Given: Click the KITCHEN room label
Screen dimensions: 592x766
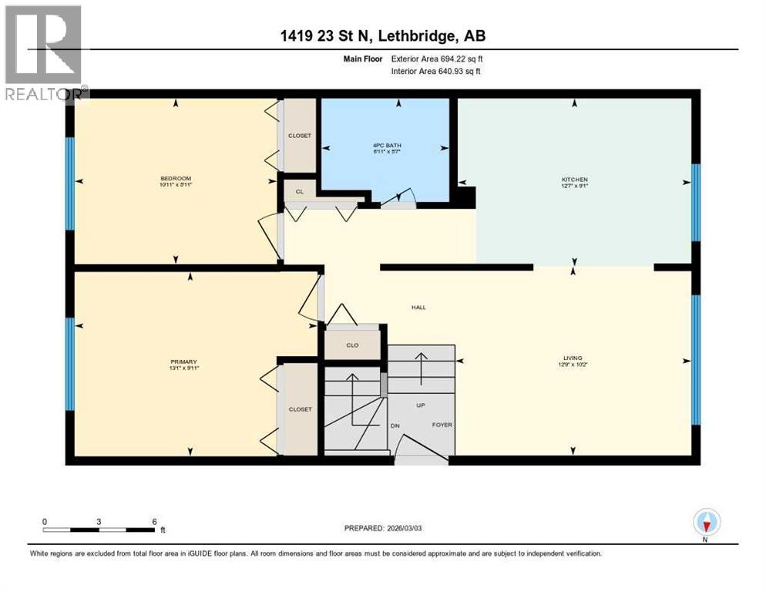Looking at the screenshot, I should click(574, 179).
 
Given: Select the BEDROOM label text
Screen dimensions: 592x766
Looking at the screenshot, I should click(176, 179).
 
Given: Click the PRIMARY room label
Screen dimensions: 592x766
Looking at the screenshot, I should click(184, 362).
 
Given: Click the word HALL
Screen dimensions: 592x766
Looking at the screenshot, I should click(418, 308).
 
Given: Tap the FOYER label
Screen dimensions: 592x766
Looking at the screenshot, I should click(441, 425).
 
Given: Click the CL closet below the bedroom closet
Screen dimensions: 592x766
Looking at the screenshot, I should click(299, 190).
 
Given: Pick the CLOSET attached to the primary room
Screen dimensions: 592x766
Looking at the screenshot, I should click(300, 409).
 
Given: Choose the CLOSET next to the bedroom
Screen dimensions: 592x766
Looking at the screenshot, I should click(299, 136).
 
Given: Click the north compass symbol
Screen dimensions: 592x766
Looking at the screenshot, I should click(706, 523).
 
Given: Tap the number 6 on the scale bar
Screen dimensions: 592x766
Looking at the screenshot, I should click(155, 521).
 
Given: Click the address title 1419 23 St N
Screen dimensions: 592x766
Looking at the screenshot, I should click(382, 35).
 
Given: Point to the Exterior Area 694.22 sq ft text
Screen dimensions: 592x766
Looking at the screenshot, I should click(437, 58).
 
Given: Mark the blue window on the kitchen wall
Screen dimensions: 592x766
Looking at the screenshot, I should click(696, 203).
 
